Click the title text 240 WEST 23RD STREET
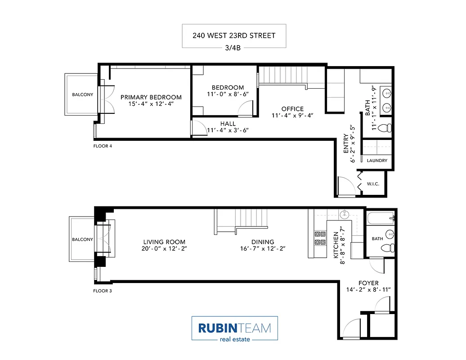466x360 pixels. pos(234,36)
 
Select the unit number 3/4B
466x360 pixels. pos(234,48)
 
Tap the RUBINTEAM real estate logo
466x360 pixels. pos(234,328)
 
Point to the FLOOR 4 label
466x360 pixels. pos(103,146)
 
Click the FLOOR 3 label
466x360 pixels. pos(103,291)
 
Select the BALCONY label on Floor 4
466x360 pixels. pos(83,94)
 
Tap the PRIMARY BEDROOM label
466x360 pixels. pos(151,97)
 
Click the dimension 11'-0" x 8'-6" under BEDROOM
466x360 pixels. pos(228,94)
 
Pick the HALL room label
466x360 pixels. pos(228,124)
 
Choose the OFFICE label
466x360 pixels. pos(292,109)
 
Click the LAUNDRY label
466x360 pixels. pos(377,161)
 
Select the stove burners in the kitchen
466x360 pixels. pos(320,238)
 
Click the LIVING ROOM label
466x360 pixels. pos(164,242)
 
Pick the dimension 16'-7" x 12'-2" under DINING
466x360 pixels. pos(263,248)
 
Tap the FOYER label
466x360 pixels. pos(368,283)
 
